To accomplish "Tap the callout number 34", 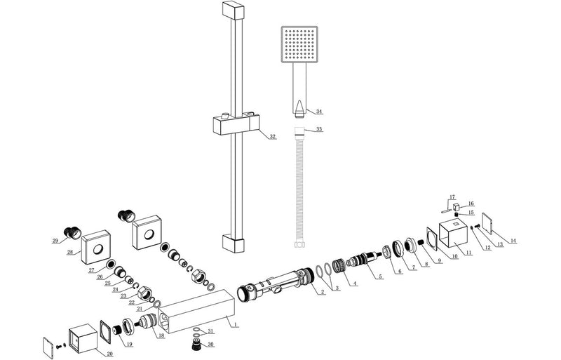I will [319, 112].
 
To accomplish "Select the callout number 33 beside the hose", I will [319, 130].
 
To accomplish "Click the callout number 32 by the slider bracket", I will [273, 137].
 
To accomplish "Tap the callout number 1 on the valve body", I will [236, 325].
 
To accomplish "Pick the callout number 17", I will [452, 197].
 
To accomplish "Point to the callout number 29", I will [55, 241].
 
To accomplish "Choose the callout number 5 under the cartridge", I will [381, 276].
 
